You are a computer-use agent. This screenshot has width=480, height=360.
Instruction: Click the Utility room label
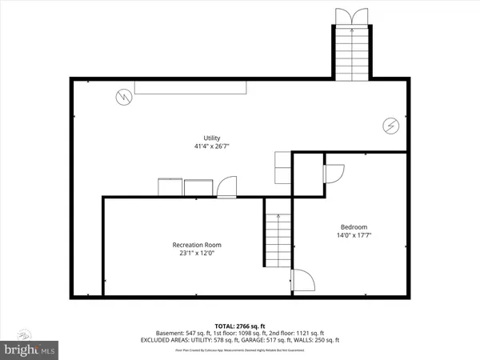(x=212, y=138)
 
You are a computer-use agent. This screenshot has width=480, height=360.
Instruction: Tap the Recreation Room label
(x=197, y=245)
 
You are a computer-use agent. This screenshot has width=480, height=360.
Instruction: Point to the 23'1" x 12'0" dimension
(x=197, y=254)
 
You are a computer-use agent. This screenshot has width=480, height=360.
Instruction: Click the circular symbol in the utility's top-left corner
(x=123, y=98)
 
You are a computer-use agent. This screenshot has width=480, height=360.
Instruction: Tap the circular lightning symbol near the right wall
(x=390, y=126)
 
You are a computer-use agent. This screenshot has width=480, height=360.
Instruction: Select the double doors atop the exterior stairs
(x=350, y=15)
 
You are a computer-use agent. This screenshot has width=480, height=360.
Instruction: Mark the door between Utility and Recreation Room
(x=227, y=187)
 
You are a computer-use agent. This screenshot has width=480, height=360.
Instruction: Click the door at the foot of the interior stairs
(x=302, y=280)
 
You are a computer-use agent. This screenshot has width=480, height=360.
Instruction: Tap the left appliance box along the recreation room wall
(x=170, y=187)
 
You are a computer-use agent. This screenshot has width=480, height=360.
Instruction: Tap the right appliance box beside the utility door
(x=198, y=188)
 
